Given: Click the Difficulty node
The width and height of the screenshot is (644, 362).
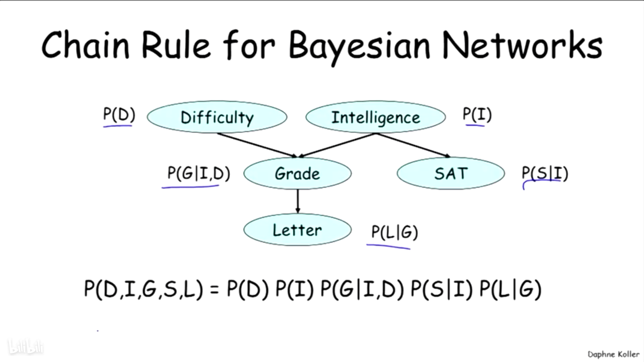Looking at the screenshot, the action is [217, 117].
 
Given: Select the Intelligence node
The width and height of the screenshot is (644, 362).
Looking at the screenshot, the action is [375, 117].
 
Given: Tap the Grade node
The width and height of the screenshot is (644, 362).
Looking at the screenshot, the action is [297, 173].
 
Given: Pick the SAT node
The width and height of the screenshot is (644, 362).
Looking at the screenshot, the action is [451, 173].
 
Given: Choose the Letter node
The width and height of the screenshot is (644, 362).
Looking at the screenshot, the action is [297, 230].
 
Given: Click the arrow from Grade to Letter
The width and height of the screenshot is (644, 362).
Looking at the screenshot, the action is [297, 201].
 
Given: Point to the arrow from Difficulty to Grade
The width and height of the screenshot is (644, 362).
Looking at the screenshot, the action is [257, 145].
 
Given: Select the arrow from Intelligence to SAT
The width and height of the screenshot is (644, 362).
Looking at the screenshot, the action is [413, 145].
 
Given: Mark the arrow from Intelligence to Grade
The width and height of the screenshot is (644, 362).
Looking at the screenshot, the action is [337, 145].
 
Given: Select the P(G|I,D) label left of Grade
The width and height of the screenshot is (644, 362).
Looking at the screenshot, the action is [199, 173].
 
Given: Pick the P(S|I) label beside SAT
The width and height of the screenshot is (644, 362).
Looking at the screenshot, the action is [545, 173].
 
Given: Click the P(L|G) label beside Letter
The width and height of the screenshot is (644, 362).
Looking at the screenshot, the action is [395, 232].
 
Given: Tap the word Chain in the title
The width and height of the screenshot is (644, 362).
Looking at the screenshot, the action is [86, 45].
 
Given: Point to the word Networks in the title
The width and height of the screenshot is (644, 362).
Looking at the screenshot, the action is [523, 45].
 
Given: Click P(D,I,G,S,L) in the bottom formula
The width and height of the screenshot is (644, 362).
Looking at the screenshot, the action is [143, 289].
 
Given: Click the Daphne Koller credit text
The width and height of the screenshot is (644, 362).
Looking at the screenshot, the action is [613, 354].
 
